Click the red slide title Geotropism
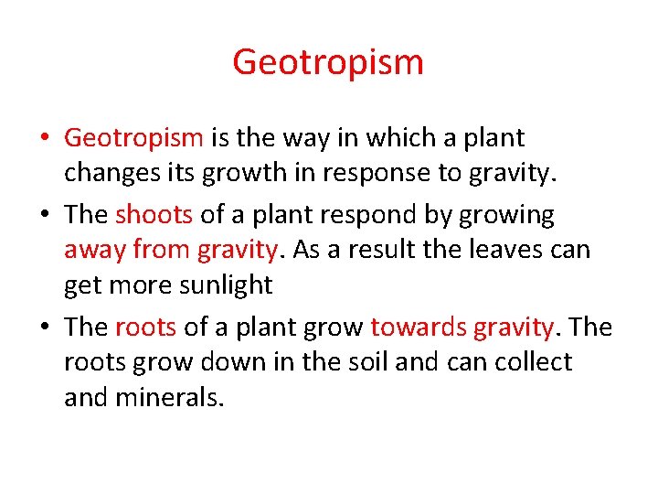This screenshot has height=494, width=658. (x=328, y=63)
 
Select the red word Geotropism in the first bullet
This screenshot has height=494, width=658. (x=133, y=138)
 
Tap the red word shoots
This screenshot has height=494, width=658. (x=154, y=215)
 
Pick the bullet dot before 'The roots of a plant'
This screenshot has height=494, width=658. (x=46, y=328)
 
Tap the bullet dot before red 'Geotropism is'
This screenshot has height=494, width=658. (x=46, y=139)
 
